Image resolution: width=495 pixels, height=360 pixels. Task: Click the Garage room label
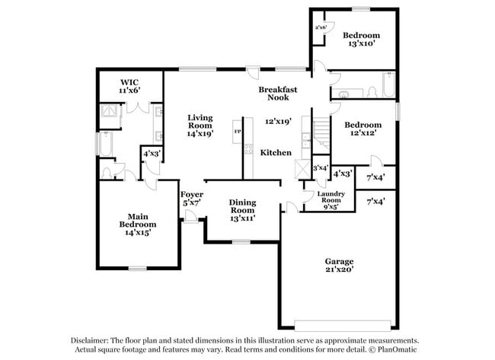(x=340, y=260)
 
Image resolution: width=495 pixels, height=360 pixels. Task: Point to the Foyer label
(x=190, y=194)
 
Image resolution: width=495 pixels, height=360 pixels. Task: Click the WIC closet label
(x=128, y=82)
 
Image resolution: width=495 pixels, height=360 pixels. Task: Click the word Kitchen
(x=276, y=153)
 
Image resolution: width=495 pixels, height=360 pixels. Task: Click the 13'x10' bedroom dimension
(x=361, y=44)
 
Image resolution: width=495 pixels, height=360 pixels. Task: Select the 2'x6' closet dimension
(x=321, y=27)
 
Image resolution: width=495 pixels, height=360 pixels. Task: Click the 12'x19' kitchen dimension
(x=278, y=121)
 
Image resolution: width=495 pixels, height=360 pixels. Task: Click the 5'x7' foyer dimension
(x=190, y=202)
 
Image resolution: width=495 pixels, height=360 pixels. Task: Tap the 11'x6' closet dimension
(x=128, y=91)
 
